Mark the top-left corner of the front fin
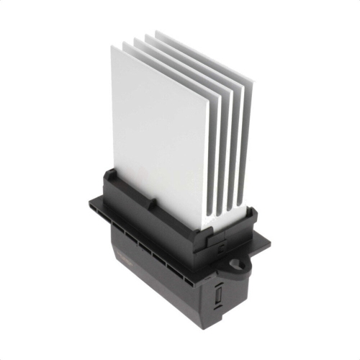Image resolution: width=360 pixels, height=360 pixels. pyautogui.click(x=112, y=45)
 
